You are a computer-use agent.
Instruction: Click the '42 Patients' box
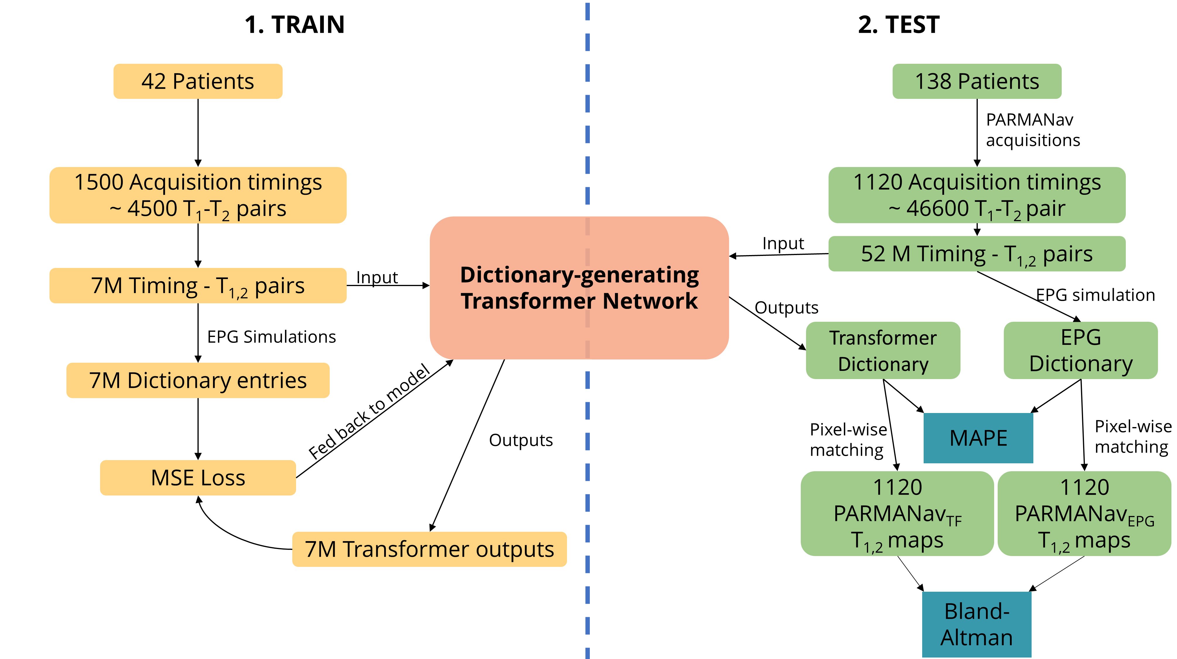(198, 81)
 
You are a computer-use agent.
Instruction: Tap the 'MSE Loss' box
(198, 478)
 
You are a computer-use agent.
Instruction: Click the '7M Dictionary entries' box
(198, 381)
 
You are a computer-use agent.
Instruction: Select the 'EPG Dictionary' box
(1080, 350)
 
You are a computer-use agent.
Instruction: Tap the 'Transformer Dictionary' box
(883, 350)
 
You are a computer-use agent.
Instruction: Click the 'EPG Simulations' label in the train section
(272, 337)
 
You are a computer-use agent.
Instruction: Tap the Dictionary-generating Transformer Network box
(579, 288)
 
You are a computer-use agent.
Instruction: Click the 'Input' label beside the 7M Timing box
(377, 277)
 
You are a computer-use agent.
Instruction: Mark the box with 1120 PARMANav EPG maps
(1084, 513)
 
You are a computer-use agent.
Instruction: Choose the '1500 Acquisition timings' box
(198, 195)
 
